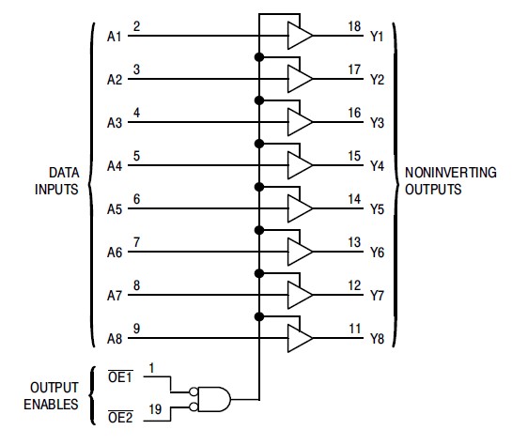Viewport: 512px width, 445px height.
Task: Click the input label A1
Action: pyautogui.click(x=114, y=37)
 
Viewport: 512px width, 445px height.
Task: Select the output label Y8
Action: pyautogui.click(x=376, y=339)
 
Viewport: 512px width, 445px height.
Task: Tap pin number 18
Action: pyautogui.click(x=354, y=26)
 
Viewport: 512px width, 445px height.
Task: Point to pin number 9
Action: pyautogui.click(x=137, y=329)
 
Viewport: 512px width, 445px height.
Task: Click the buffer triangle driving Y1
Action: pyautogui.click(x=300, y=37)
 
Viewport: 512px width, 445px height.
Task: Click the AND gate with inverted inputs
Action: pyautogui.click(x=211, y=399)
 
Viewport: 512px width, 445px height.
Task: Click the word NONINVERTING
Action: pyautogui.click(x=445, y=174)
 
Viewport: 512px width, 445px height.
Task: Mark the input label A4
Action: pyautogui.click(x=114, y=166)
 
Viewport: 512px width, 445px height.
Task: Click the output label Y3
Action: pyautogui.click(x=376, y=123)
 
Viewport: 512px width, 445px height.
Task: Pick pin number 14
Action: pyautogui.click(x=354, y=199)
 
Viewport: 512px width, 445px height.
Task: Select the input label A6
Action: pyautogui.click(x=114, y=253)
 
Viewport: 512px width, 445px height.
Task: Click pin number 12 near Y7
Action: pyautogui.click(x=354, y=285)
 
